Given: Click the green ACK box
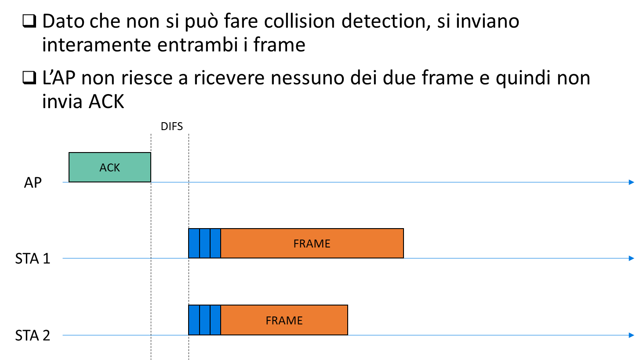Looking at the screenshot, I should (110, 167).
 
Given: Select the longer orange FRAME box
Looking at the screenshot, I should (312, 243).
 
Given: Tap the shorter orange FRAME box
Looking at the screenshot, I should (284, 320).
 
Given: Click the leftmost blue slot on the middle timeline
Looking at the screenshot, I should (194, 243).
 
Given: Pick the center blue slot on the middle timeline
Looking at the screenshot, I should (205, 243).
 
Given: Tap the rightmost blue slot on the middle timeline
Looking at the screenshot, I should (215, 243).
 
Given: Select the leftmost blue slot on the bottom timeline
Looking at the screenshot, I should (194, 320).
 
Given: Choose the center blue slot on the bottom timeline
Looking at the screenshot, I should (205, 320).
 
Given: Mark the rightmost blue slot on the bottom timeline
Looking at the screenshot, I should (215, 320).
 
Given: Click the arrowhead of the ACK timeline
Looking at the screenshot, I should (632, 182).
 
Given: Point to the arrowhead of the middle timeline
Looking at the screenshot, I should (632, 258).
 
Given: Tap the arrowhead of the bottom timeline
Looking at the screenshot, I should (632, 335).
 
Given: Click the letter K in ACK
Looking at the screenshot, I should (116, 167).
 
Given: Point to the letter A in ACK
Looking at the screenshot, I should (103, 167).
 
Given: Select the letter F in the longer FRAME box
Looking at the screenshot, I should (296, 244).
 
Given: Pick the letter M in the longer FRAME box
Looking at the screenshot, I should (318, 244).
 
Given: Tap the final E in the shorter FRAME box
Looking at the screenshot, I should (299, 320).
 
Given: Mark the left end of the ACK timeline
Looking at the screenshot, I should (63, 182).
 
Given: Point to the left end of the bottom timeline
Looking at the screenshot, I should (63, 335).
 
